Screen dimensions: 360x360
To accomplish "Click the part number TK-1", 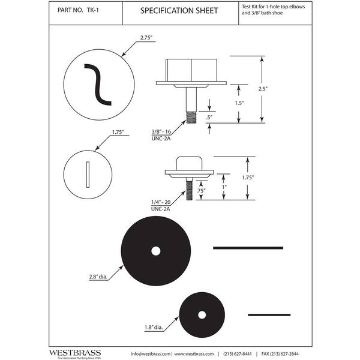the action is tap(93, 10).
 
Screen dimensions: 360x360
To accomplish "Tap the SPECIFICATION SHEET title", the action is tap(179, 11).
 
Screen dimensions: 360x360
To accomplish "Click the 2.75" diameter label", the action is tap(146, 38).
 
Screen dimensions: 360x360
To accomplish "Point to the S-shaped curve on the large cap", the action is tap(98, 85).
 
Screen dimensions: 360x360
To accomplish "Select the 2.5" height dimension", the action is tap(263, 89).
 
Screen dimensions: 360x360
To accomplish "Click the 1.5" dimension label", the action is tap(239, 103).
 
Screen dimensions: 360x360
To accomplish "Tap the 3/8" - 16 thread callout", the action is tap(161, 131).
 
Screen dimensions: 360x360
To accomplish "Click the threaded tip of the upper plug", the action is tap(191, 117).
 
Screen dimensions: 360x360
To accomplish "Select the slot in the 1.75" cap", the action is tap(88, 175).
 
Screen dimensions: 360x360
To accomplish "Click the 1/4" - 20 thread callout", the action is tap(161, 202).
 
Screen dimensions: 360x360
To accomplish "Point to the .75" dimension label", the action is tap(201, 191).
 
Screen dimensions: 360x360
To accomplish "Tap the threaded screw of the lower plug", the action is tap(189, 190).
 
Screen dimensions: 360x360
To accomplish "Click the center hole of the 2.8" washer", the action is tap(156, 251).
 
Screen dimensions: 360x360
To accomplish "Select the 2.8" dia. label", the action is tap(98, 277).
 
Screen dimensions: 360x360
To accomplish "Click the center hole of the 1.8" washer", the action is tap(202, 315).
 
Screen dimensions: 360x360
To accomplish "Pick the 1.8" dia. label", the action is tap(154, 328).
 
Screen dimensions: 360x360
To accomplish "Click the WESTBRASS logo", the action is tap(75, 353).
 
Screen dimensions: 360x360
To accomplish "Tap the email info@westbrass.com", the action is tap(151, 354).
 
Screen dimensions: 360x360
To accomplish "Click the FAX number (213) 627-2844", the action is tap(280, 354).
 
